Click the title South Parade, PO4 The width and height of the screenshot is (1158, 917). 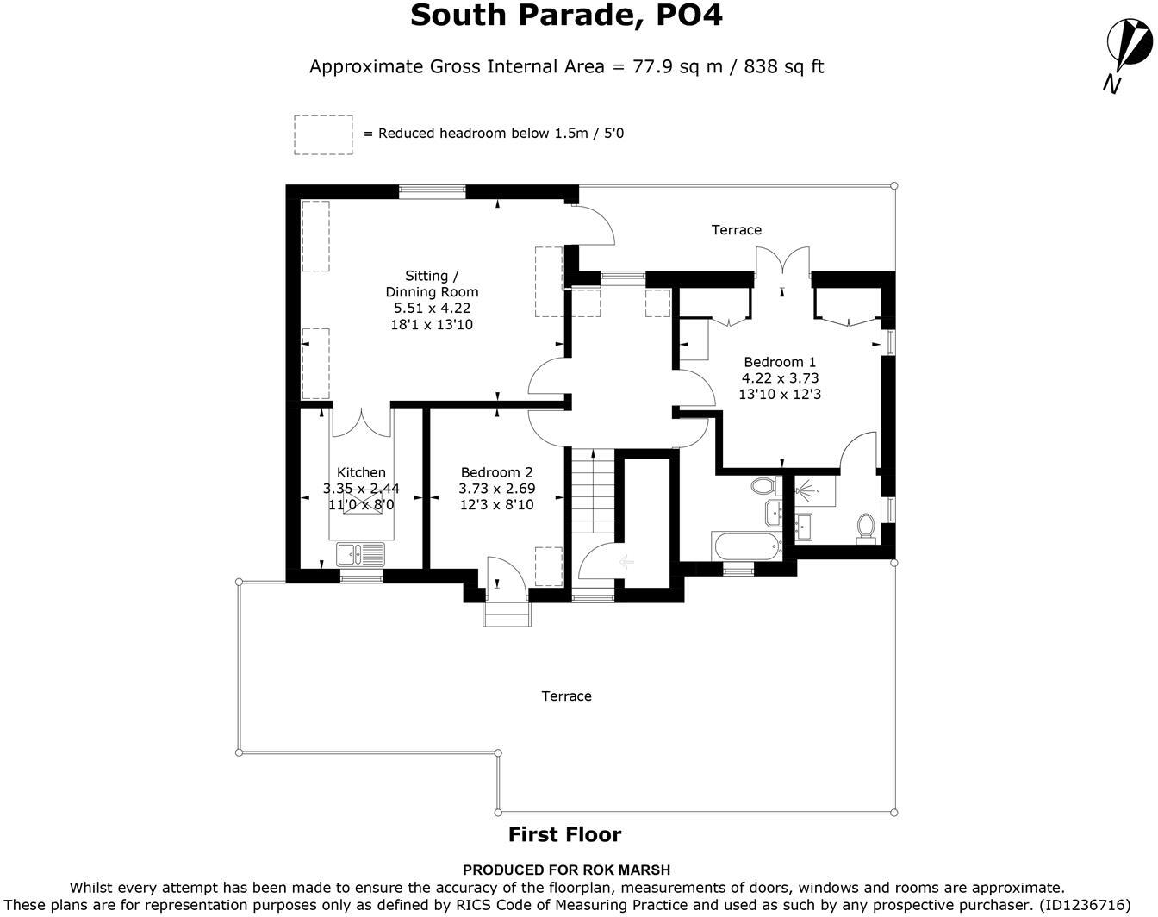click(566, 16)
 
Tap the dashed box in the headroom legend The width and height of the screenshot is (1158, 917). click(323, 135)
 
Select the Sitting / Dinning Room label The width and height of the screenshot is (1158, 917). click(432, 284)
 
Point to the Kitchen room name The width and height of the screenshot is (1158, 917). click(361, 472)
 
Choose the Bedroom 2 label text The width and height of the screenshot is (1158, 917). click(496, 472)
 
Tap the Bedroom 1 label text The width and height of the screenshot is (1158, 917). click(780, 362)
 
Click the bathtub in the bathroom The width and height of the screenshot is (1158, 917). click(746, 546)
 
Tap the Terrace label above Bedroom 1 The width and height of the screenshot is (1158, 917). click(736, 230)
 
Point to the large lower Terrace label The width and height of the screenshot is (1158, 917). click(566, 696)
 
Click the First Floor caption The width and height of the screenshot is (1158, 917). click(564, 834)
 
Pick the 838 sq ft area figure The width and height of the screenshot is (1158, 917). click(780, 66)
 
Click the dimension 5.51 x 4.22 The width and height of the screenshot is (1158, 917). click(432, 308)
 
